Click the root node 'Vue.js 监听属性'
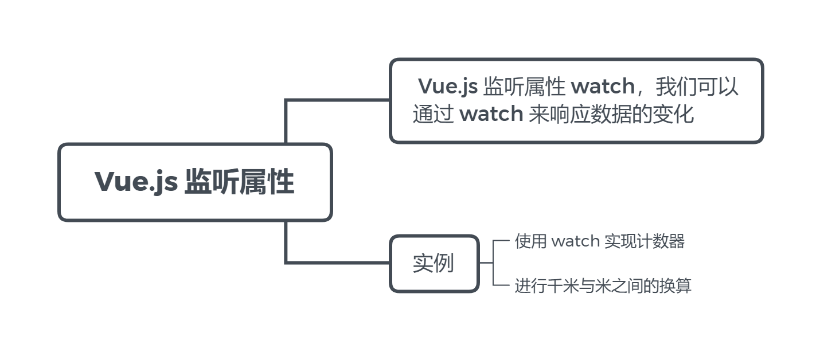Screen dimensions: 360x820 (195, 182)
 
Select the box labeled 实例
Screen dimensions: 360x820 (434, 263)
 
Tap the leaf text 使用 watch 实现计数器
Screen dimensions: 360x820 (599, 241)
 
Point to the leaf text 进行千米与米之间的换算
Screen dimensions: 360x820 (603, 285)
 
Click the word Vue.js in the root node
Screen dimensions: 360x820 (136, 182)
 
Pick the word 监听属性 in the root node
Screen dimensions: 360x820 (239, 182)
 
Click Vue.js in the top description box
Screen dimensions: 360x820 (448, 87)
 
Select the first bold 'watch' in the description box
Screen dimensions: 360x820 (603, 87)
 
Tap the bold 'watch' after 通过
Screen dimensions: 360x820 (491, 114)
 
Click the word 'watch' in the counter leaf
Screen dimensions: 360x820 (575, 241)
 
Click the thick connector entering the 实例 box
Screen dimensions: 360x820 (338, 263)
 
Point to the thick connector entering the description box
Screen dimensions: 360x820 (338, 100)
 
